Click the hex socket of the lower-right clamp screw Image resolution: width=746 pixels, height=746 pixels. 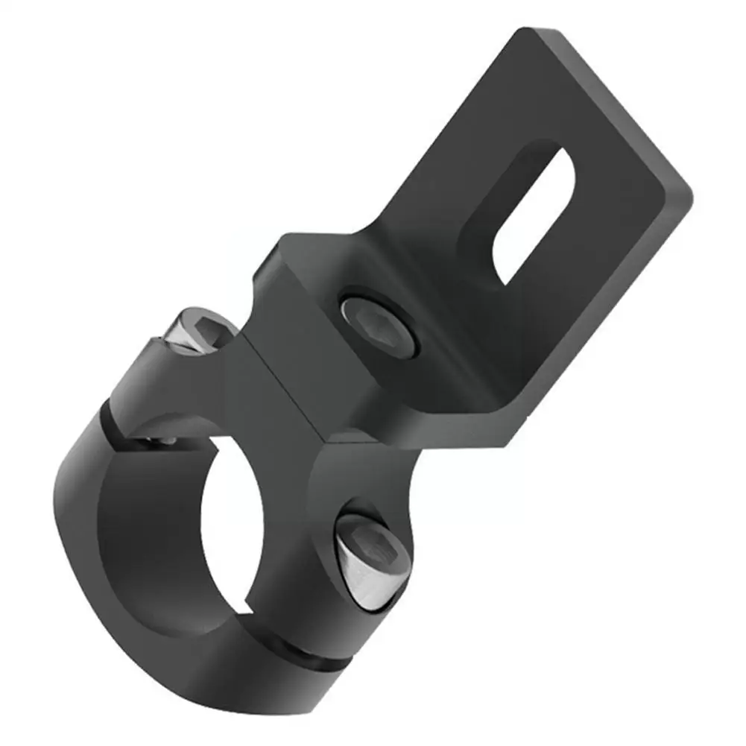[x=384, y=548]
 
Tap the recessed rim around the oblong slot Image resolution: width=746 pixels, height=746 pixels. [x=484, y=224]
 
